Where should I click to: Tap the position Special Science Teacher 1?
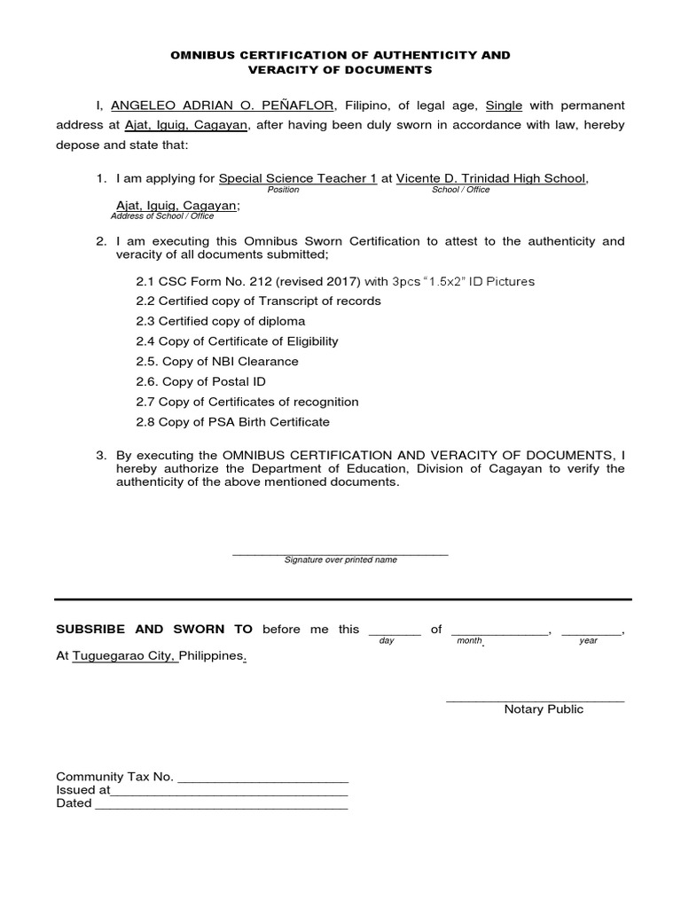[x=297, y=178]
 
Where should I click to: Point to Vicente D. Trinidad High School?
[x=490, y=178]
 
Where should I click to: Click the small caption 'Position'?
[x=283, y=190]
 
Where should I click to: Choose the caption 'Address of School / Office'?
[x=162, y=215]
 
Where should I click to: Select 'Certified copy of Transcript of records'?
[x=258, y=301]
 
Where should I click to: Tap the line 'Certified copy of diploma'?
[x=220, y=321]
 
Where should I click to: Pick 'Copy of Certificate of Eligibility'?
[x=237, y=341]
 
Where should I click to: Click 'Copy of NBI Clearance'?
[x=217, y=362]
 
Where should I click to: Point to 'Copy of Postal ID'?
[x=200, y=382]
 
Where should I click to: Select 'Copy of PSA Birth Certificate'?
[x=232, y=422]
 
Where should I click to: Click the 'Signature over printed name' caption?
[x=340, y=560]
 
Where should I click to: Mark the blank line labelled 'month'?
[x=500, y=630]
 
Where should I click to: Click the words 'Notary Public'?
[x=544, y=709]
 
